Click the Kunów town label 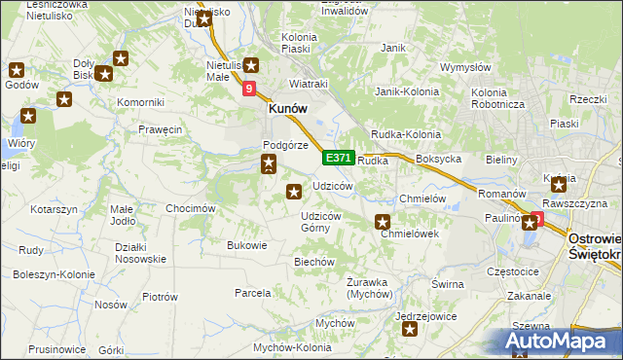[288, 110]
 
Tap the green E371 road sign [338, 157]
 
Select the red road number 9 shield [249, 89]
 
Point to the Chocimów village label [190, 208]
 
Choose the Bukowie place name [246, 245]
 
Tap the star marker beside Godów [17, 69]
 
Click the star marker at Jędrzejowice [410, 331]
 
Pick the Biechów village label [314, 262]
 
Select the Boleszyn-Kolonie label [47, 274]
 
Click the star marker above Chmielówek [384, 222]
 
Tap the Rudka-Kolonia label [405, 134]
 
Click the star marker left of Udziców [292, 193]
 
